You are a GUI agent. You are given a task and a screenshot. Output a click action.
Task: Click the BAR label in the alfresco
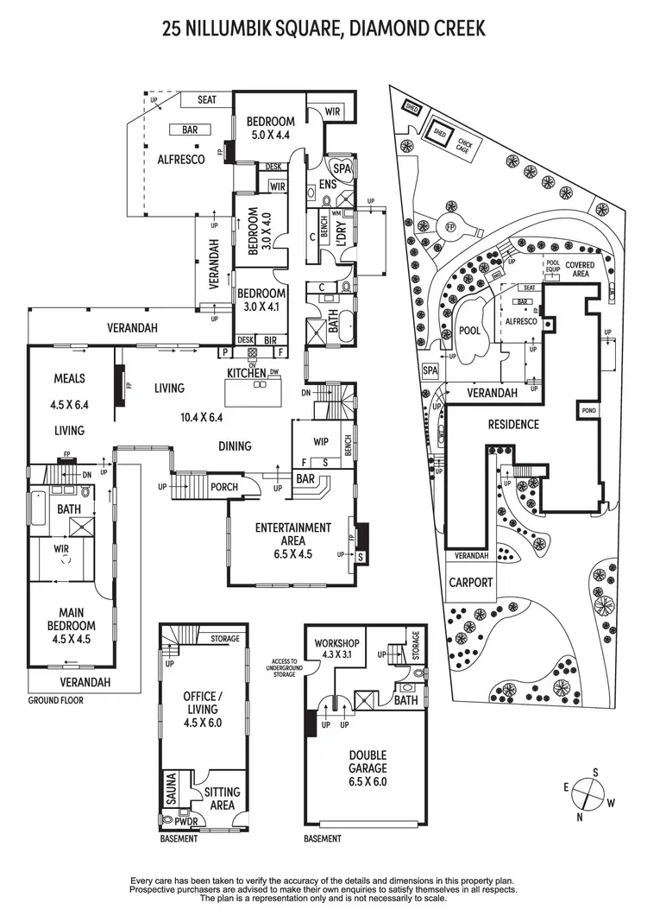(x=191, y=130)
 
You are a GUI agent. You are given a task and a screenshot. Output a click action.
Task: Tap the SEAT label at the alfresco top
(x=206, y=100)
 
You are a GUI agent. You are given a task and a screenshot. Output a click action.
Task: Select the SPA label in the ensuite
(x=342, y=169)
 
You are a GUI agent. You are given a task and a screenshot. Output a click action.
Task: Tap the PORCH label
(x=223, y=486)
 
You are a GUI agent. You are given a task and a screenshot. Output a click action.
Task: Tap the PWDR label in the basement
(x=181, y=822)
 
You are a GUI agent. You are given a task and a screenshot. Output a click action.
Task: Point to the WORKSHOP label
(x=336, y=644)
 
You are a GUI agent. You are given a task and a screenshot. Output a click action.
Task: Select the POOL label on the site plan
(x=469, y=331)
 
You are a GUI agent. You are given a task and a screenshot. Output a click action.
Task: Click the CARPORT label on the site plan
(x=471, y=583)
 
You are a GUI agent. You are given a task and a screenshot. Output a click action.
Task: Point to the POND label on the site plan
(x=590, y=410)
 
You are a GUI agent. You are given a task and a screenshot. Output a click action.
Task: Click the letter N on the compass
(x=580, y=816)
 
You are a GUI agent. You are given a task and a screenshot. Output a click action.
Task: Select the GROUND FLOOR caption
(x=57, y=700)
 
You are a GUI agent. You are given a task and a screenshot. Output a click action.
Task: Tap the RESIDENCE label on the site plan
(x=513, y=424)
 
